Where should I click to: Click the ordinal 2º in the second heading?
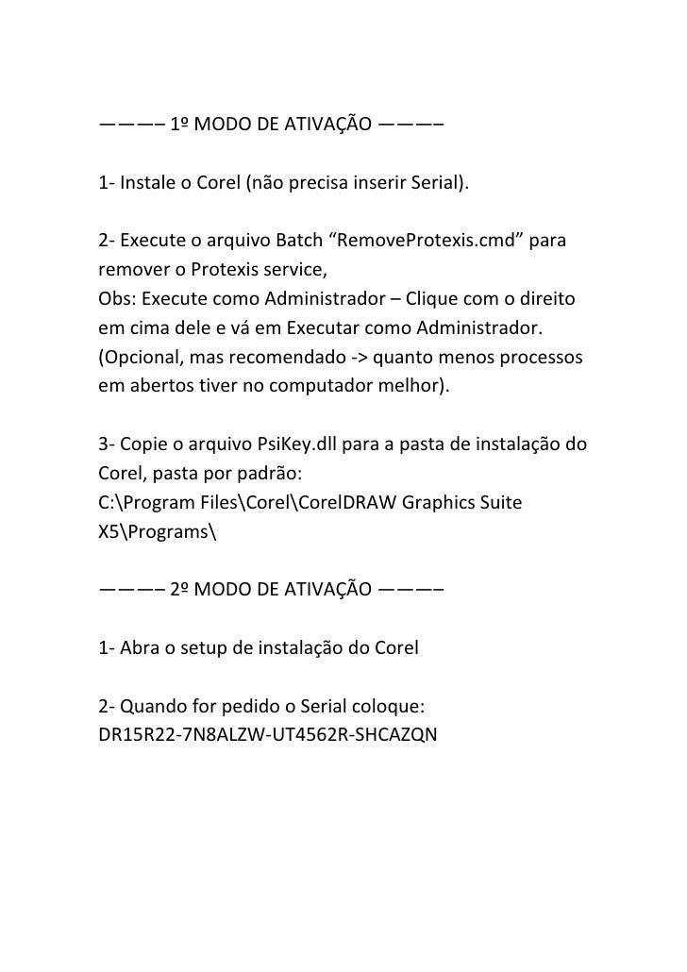point(182,591)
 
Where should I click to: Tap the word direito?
point(553,299)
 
